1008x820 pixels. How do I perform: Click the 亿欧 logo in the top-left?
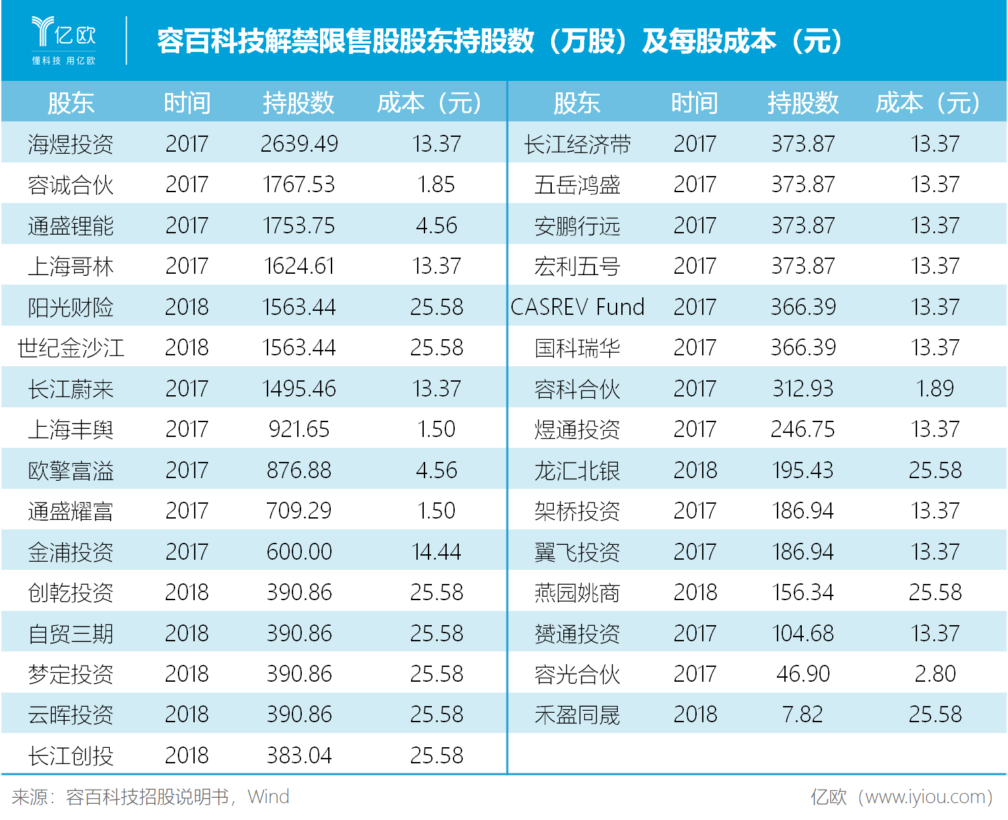(x=64, y=40)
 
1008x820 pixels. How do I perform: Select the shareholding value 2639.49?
(x=299, y=144)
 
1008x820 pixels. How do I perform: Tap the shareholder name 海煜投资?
(x=71, y=144)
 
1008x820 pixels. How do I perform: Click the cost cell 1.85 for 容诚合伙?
(x=437, y=185)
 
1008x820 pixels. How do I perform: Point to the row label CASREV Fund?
(x=577, y=307)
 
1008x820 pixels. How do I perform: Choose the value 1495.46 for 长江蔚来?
(x=299, y=388)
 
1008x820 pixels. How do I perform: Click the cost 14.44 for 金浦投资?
(x=437, y=552)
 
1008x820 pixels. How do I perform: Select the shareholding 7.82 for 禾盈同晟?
(x=802, y=714)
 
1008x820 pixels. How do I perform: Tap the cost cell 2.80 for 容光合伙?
(x=935, y=674)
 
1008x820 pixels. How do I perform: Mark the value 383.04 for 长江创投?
(x=299, y=755)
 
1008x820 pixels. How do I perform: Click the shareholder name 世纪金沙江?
(x=71, y=348)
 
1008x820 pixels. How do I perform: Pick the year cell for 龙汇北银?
(x=695, y=470)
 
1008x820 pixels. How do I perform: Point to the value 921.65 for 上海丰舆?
(x=299, y=429)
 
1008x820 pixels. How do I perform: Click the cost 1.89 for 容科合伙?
(x=935, y=388)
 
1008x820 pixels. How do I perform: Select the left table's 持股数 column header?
(x=298, y=102)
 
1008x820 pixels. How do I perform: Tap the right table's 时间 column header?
(x=695, y=102)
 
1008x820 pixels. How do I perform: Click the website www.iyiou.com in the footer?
(x=924, y=797)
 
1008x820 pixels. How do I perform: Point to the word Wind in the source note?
(x=268, y=797)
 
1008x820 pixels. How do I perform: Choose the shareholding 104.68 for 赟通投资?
(x=802, y=633)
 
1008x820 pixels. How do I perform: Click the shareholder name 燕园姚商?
(x=577, y=593)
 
